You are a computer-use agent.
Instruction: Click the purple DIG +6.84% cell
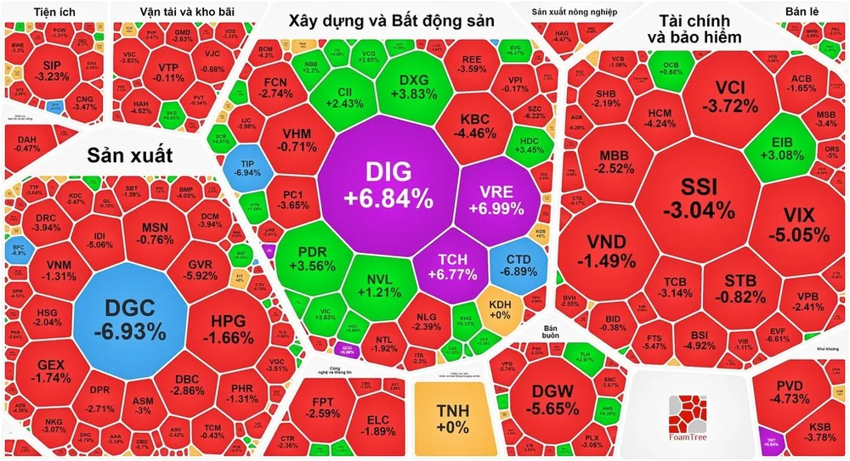click(388, 185)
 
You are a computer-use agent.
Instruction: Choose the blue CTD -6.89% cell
click(518, 265)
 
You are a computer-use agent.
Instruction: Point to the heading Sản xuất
click(129, 155)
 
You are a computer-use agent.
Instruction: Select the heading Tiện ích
click(53, 11)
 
